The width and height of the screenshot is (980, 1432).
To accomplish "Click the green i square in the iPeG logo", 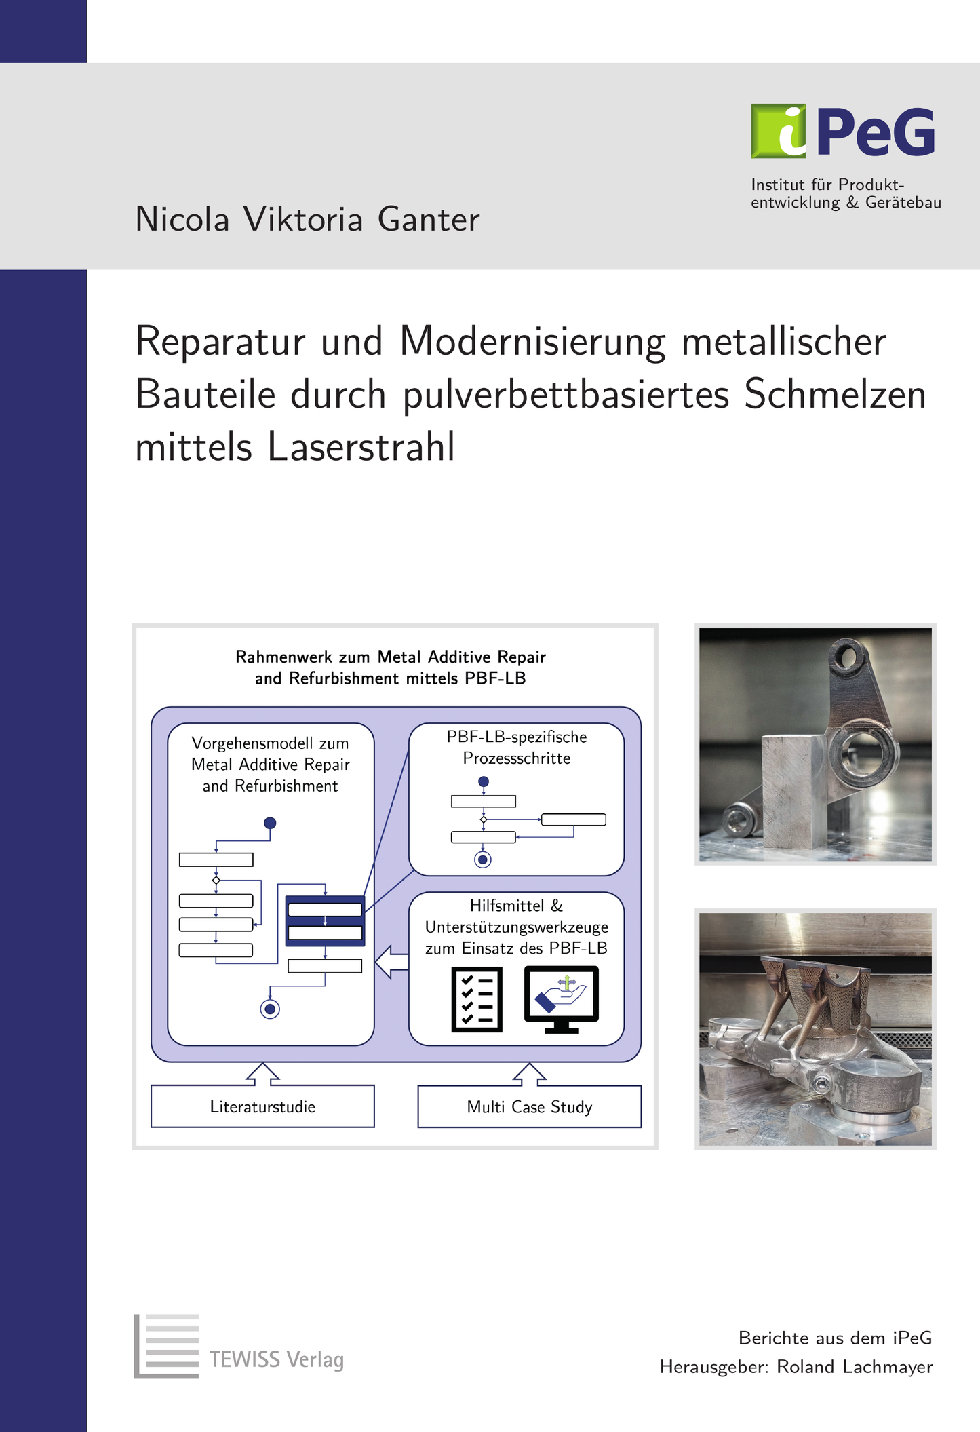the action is (779, 131).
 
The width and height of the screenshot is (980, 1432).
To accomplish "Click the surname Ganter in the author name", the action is (429, 219).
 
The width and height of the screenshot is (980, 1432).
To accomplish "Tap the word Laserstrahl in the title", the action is (361, 446).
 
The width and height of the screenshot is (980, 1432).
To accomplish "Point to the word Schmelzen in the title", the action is (835, 393).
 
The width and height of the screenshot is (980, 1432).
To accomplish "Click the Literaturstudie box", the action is (262, 1106).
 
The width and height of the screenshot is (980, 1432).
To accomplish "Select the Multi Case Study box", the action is (529, 1106).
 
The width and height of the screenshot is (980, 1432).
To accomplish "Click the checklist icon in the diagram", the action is (477, 999).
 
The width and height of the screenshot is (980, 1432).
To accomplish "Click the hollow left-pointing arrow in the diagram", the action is (392, 961).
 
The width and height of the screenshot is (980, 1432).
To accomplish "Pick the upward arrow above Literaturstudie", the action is (262, 1074).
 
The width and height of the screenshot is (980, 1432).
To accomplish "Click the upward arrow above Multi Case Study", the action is (529, 1074).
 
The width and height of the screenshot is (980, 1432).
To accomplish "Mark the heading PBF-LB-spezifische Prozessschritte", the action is (517, 748).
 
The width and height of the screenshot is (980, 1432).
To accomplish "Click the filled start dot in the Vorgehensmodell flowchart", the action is (270, 823).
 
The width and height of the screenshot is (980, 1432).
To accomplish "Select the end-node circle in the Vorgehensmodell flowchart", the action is (270, 1009).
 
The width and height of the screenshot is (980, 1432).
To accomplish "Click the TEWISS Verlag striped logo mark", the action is (167, 1346).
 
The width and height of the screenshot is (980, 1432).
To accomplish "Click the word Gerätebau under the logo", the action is (903, 203).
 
